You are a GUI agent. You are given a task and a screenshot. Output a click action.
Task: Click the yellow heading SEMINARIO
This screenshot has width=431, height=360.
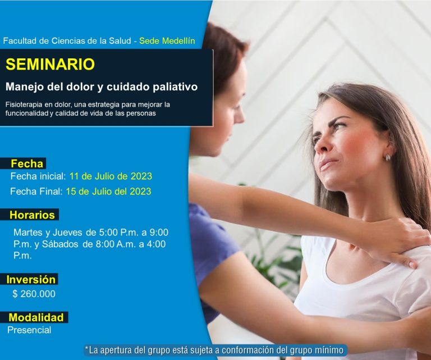pos(50,64)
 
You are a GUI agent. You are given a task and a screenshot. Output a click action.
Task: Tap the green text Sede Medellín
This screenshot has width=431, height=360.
pos(167,40)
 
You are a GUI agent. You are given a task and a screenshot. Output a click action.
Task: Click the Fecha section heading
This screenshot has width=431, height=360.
pos(27,163)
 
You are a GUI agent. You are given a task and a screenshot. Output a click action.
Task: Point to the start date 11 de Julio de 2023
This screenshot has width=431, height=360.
pos(111,176)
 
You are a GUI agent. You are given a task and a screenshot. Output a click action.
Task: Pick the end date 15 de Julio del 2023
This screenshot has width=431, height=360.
pos(108,191)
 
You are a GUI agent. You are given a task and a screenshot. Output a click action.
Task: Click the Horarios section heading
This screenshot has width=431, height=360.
pos(32,215)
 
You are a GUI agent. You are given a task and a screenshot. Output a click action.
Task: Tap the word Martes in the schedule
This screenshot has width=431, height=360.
pos(27,233)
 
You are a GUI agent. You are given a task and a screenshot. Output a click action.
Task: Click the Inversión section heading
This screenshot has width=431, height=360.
pos(31,280)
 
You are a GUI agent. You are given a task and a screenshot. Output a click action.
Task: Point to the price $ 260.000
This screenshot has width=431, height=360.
pos(34,294)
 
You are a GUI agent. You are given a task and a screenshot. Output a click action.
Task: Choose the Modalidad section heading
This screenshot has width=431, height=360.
pos(36,317)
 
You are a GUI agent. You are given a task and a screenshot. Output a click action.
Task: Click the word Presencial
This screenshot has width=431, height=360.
pos(29,330)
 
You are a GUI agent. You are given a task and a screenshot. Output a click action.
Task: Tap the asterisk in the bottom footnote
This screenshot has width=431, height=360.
pos(86,348)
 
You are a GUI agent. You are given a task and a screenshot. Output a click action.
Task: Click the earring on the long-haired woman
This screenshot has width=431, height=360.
pos(388,157)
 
